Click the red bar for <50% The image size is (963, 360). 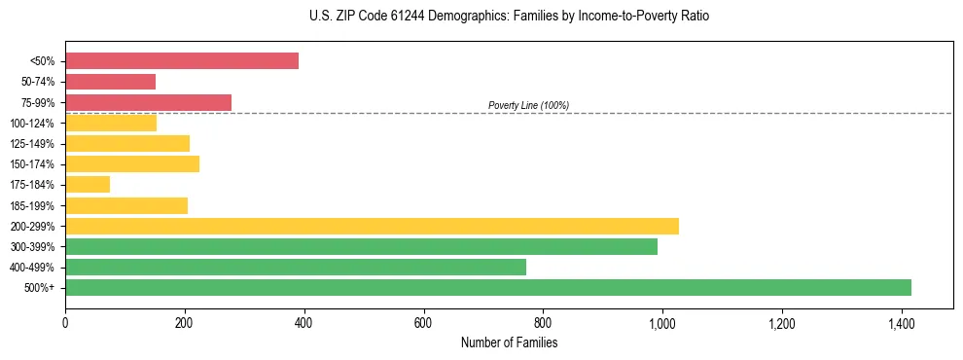(182, 60)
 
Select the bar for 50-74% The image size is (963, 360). (110, 82)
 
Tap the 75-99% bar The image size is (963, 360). (148, 102)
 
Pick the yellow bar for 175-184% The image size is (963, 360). (88, 184)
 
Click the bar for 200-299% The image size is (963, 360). (372, 226)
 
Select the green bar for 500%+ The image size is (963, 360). (488, 287)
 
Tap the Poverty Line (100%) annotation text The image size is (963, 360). (528, 105)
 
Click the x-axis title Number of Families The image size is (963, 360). (509, 342)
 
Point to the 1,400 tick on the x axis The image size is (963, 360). (901, 323)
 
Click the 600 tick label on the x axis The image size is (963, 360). (423, 323)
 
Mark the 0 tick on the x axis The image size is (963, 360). (65, 323)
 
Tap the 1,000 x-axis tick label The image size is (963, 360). (661, 323)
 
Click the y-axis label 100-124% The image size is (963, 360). (32, 124)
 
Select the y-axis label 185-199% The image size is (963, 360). (32, 205)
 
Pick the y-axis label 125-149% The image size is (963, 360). (32, 144)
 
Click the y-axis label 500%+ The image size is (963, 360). (39, 288)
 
